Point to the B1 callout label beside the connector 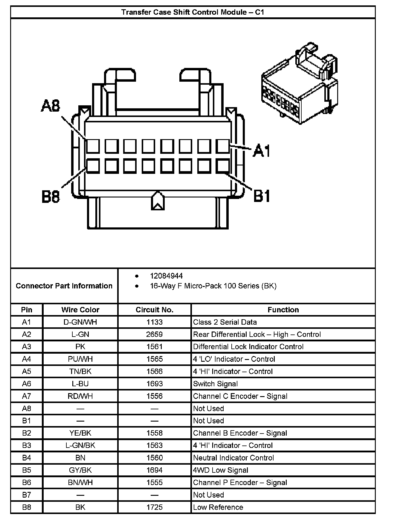click(x=262, y=196)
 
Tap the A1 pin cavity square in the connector click(x=223, y=146)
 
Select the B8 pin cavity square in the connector click(x=93, y=166)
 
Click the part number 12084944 click(x=166, y=276)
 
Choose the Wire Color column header click(x=80, y=310)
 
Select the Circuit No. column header click(x=154, y=310)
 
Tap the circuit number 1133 click(x=154, y=322)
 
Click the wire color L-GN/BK click(x=80, y=446)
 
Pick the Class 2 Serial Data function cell click(x=225, y=322)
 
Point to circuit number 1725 click(x=154, y=507)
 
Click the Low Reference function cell click(x=218, y=507)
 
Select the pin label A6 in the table click(x=27, y=384)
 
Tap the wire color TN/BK click(x=80, y=372)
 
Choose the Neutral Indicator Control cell click(x=233, y=458)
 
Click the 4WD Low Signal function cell click(x=221, y=470)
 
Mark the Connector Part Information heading click(x=64, y=286)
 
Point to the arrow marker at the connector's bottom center click(x=158, y=201)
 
